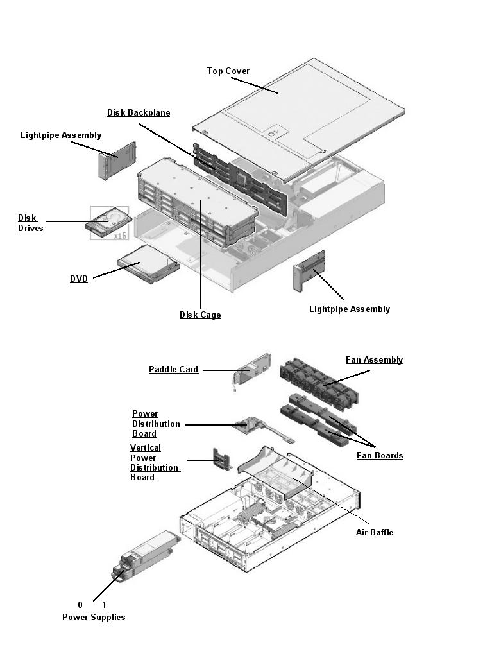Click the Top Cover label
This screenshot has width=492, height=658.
[x=228, y=71]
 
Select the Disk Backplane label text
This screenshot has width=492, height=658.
[x=139, y=112]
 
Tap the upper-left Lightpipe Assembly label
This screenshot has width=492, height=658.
[x=61, y=135]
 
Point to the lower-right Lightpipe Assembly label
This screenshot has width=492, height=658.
[x=349, y=309]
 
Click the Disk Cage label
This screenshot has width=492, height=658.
[x=200, y=315]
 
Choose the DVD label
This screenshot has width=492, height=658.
[x=79, y=279]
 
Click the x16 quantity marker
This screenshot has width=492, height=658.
[x=119, y=236]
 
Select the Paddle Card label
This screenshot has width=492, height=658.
[x=173, y=369]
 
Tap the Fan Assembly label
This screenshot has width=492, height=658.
[x=374, y=359]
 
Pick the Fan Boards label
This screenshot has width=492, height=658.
[x=380, y=455]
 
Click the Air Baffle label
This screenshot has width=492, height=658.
[x=375, y=532]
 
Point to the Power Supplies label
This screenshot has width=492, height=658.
[x=94, y=617]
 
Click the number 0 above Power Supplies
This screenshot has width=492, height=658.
[x=80, y=605]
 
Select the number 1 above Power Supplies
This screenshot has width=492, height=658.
[x=104, y=605]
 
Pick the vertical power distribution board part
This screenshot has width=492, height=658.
[x=221, y=460]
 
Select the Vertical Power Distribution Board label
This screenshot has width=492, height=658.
[x=154, y=462]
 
